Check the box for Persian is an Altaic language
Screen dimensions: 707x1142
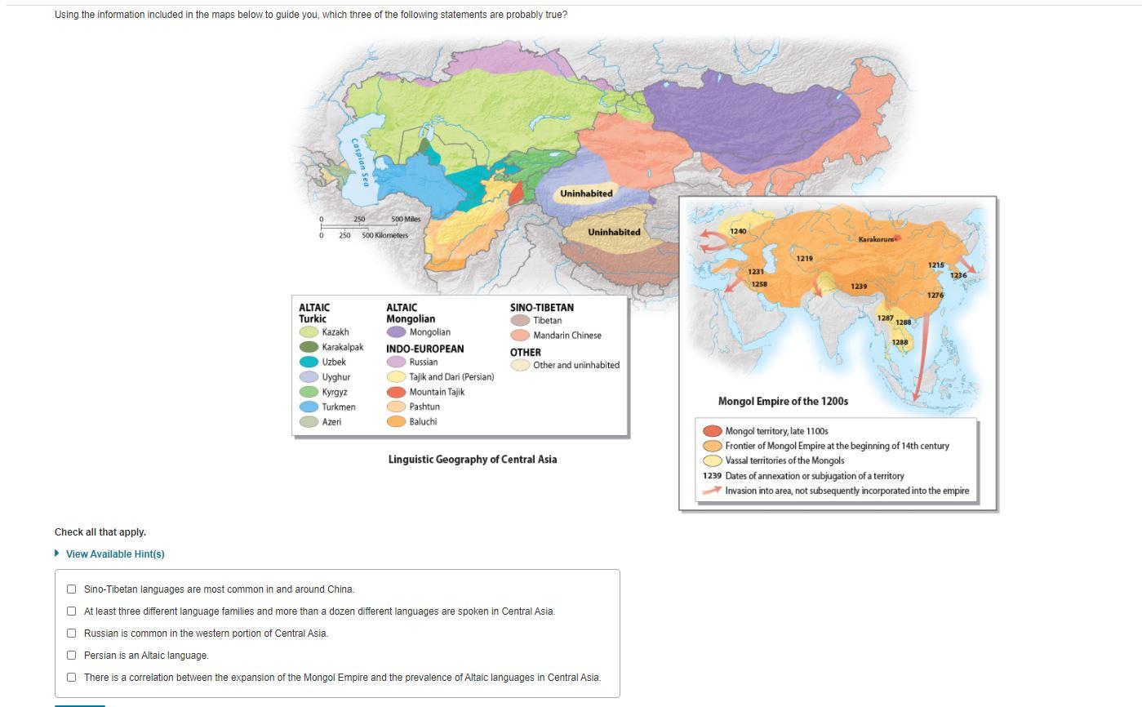[71, 655]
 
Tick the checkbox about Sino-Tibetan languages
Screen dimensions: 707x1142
[71, 589]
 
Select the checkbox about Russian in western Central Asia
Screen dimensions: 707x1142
[71, 633]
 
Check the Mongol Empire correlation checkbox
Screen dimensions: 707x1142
[71, 677]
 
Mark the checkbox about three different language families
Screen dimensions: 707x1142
[71, 611]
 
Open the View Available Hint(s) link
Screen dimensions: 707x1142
[114, 554]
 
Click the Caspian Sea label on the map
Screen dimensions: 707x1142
[360, 162]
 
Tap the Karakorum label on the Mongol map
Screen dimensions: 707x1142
[876, 239]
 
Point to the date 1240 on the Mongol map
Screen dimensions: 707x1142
[737, 231]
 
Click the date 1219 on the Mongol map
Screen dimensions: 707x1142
[804, 258]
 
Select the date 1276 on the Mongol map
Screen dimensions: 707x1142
[935, 295]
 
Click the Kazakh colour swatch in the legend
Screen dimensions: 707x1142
[309, 332]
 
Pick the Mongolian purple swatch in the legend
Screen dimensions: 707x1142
[396, 332]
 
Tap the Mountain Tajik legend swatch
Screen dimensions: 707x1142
[396, 392]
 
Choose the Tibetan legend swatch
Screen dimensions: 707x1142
[520, 321]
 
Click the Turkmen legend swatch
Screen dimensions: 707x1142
[309, 407]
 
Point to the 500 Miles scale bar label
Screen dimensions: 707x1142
[406, 219]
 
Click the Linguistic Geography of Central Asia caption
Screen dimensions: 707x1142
[473, 460]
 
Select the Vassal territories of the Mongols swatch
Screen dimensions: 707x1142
[713, 460]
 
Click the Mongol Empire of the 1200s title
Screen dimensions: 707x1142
[783, 401]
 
